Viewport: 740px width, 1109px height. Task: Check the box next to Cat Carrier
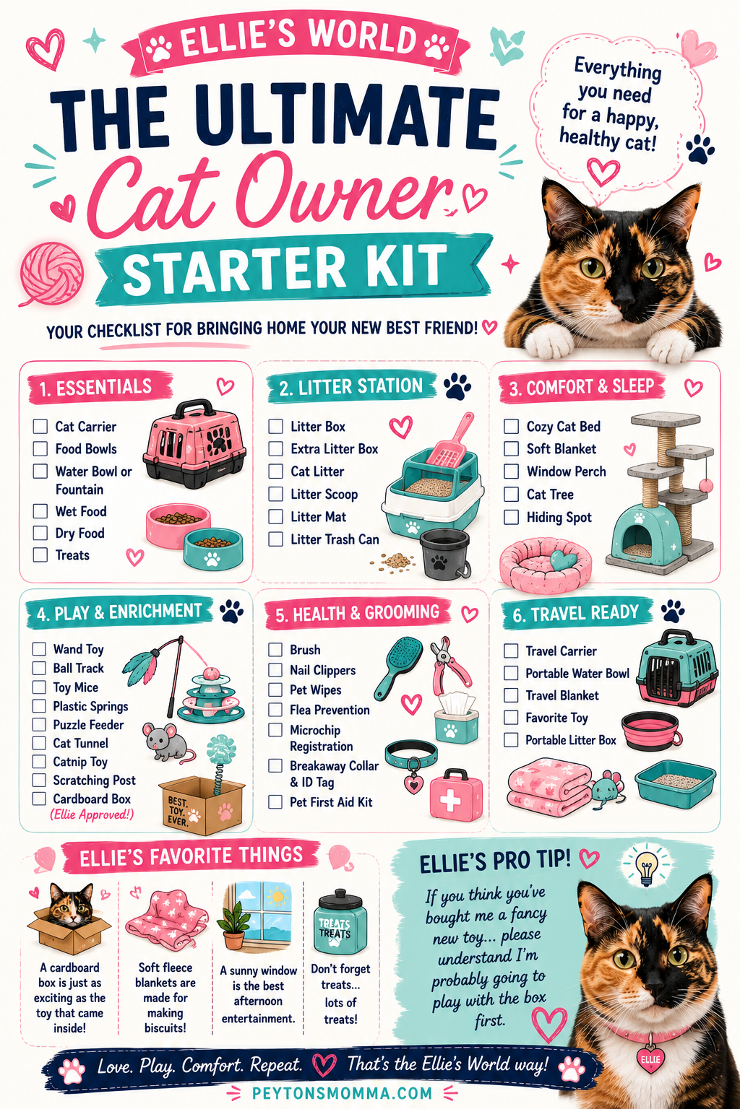[x=40, y=426]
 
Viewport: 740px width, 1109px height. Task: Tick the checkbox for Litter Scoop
[x=275, y=494]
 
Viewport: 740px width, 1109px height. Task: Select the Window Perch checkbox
[x=511, y=471]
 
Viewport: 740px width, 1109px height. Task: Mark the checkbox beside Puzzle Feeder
[x=39, y=725]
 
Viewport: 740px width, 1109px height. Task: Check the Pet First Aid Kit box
[x=275, y=802]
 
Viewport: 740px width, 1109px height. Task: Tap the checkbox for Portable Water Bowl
[x=511, y=674]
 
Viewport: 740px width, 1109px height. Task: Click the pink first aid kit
[x=455, y=795]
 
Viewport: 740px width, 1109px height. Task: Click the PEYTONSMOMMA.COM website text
[x=342, y=1092]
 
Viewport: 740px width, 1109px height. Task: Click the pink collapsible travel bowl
[x=651, y=731]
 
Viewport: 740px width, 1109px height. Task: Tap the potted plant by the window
[x=233, y=925]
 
